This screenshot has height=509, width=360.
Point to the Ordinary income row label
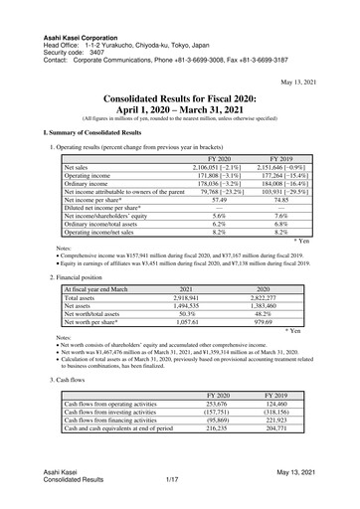(x=90, y=185)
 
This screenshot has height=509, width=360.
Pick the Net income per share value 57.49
(x=215, y=203)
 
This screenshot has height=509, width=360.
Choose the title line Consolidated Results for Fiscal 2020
(x=180, y=99)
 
